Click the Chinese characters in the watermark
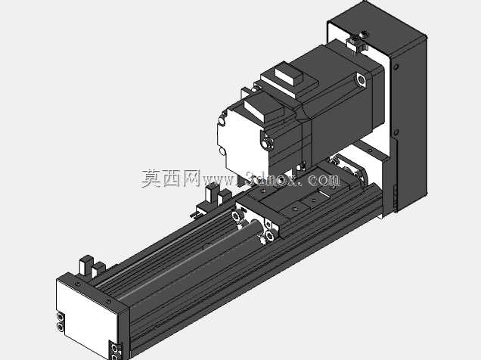tap(171, 178)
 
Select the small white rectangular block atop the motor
tap(288, 75)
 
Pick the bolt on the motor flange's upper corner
tap(361, 79)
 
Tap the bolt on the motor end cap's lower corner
tap(268, 143)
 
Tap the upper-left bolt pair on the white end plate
tap(61, 321)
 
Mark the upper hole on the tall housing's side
tap(396, 67)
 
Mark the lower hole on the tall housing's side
tap(396, 132)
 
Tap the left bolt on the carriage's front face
tap(236, 216)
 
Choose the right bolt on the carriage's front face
tap(269, 236)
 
